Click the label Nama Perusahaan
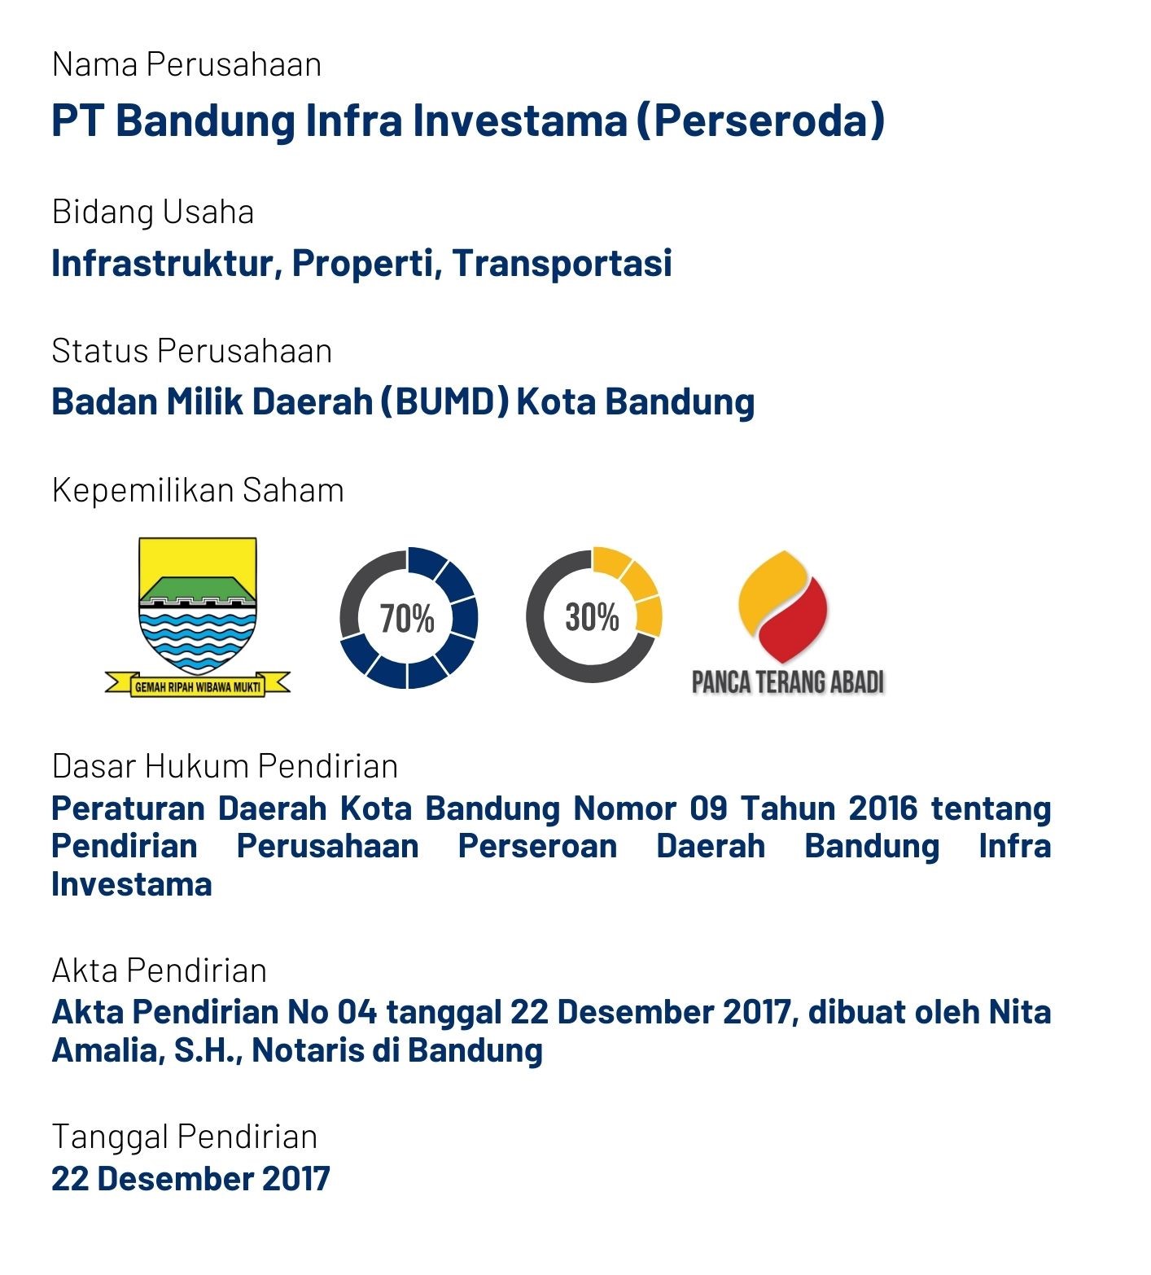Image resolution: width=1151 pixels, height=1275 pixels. [186, 64]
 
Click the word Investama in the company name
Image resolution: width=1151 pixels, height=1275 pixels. [519, 120]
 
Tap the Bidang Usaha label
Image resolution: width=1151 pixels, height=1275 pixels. [153, 212]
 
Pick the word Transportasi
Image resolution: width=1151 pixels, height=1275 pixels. [562, 263]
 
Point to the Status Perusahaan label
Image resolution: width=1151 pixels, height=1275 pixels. [192, 351]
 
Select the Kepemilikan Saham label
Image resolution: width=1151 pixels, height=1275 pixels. [198, 490]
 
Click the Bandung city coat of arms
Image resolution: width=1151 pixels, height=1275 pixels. [198, 616]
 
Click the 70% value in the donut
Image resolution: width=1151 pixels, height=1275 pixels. [407, 619]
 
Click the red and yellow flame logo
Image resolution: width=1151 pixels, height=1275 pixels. [782, 607]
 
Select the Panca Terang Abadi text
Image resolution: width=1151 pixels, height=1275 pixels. [788, 682]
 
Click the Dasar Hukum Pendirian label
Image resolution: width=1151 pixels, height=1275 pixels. [225, 766]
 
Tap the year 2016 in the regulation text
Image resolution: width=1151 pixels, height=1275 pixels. [882, 808]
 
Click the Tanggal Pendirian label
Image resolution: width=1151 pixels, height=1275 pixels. [185, 1137]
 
